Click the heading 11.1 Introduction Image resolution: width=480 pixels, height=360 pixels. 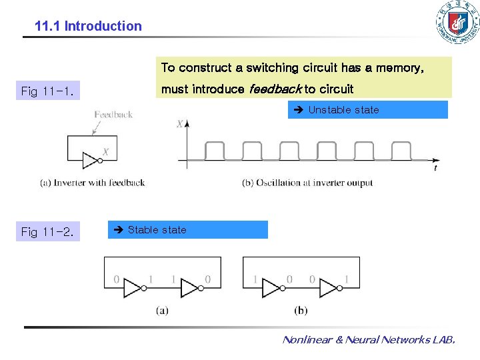pos(88,27)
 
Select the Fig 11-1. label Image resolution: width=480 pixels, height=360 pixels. pos(47,91)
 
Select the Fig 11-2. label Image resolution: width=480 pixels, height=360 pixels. pos(47,232)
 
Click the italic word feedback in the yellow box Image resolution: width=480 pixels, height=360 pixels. pos(275,89)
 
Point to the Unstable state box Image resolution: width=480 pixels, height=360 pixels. pos(367,110)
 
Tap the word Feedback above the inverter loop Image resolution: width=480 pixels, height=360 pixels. pos(113,115)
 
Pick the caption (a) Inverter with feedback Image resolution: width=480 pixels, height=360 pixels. pos(92,183)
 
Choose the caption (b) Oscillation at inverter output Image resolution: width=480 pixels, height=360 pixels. pos(307,183)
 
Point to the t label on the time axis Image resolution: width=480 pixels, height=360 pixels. pos(435,169)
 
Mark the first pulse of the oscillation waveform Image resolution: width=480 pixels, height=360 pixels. pos(215,151)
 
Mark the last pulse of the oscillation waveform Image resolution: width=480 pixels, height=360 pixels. pos(401,151)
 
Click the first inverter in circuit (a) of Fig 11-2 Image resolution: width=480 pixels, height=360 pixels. pos(133,288)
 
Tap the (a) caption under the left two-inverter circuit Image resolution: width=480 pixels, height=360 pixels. pos(162,310)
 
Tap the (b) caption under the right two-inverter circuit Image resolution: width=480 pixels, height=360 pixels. pos(301,310)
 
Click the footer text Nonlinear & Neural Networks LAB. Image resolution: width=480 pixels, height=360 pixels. pos(369,340)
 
